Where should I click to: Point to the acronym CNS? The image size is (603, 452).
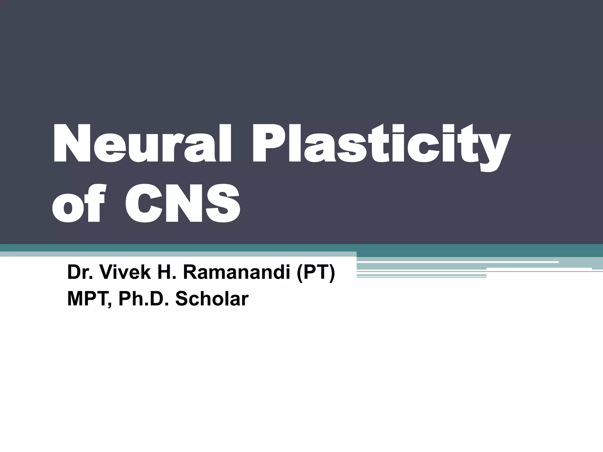point(182,205)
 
